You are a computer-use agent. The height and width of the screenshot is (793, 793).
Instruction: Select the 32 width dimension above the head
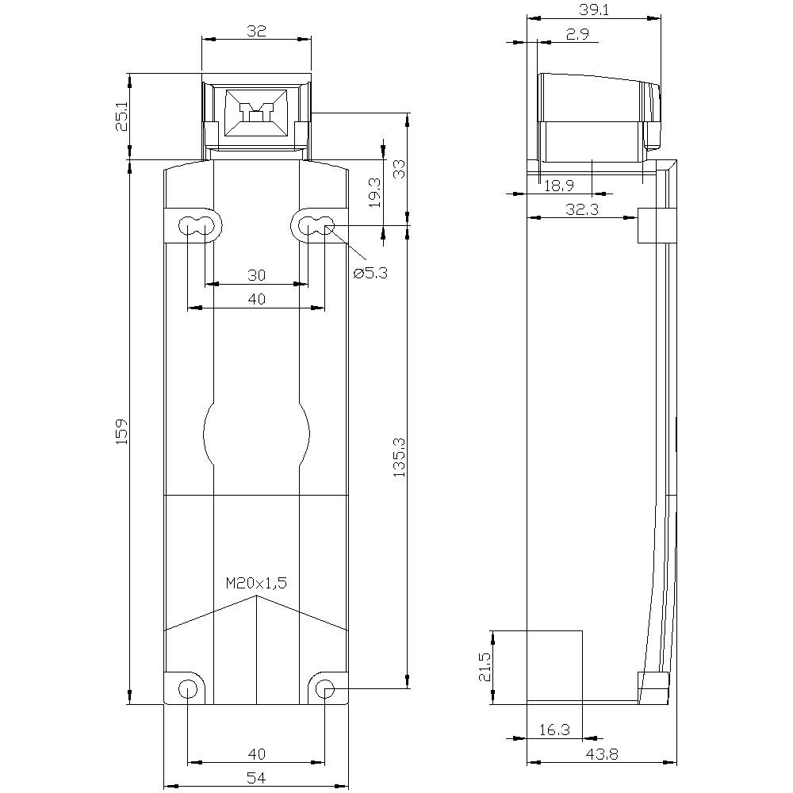coord(256,31)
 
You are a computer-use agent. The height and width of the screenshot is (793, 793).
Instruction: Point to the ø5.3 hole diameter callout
coord(370,273)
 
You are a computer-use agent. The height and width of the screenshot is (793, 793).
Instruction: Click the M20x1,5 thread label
coord(256,583)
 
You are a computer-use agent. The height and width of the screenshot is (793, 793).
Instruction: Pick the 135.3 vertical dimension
coord(399,458)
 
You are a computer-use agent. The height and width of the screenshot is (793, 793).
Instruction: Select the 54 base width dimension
coord(256,779)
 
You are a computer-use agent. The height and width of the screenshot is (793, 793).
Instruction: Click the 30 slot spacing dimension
coord(256,275)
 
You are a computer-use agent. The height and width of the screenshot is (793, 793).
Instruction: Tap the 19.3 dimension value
coord(374,192)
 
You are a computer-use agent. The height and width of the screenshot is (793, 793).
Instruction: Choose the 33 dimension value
coord(399,169)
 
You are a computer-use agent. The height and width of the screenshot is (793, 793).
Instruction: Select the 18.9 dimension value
coord(558,186)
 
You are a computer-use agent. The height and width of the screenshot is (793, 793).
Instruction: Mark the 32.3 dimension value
coord(580,209)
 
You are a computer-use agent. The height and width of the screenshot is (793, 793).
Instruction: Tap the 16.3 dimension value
coord(554,730)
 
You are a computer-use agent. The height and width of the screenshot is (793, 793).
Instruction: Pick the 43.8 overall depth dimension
coord(603,754)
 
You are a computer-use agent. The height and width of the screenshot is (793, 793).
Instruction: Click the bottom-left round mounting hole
coord(187,688)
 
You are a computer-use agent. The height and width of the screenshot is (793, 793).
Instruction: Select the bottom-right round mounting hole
coord(325,688)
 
